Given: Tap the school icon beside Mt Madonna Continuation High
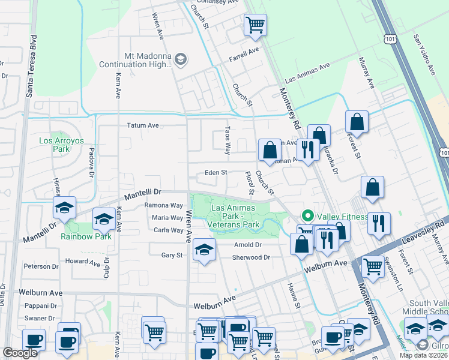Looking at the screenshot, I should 181,59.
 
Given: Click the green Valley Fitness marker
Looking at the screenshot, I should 308,215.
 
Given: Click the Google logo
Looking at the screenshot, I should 20,352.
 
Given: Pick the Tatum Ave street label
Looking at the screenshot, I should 142,125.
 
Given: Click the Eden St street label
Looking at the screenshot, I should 215,173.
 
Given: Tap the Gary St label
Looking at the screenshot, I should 172,255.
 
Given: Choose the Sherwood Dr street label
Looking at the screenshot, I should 252,257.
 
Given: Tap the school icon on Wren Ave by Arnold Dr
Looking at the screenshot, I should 204,250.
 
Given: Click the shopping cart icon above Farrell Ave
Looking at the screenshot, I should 255,26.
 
